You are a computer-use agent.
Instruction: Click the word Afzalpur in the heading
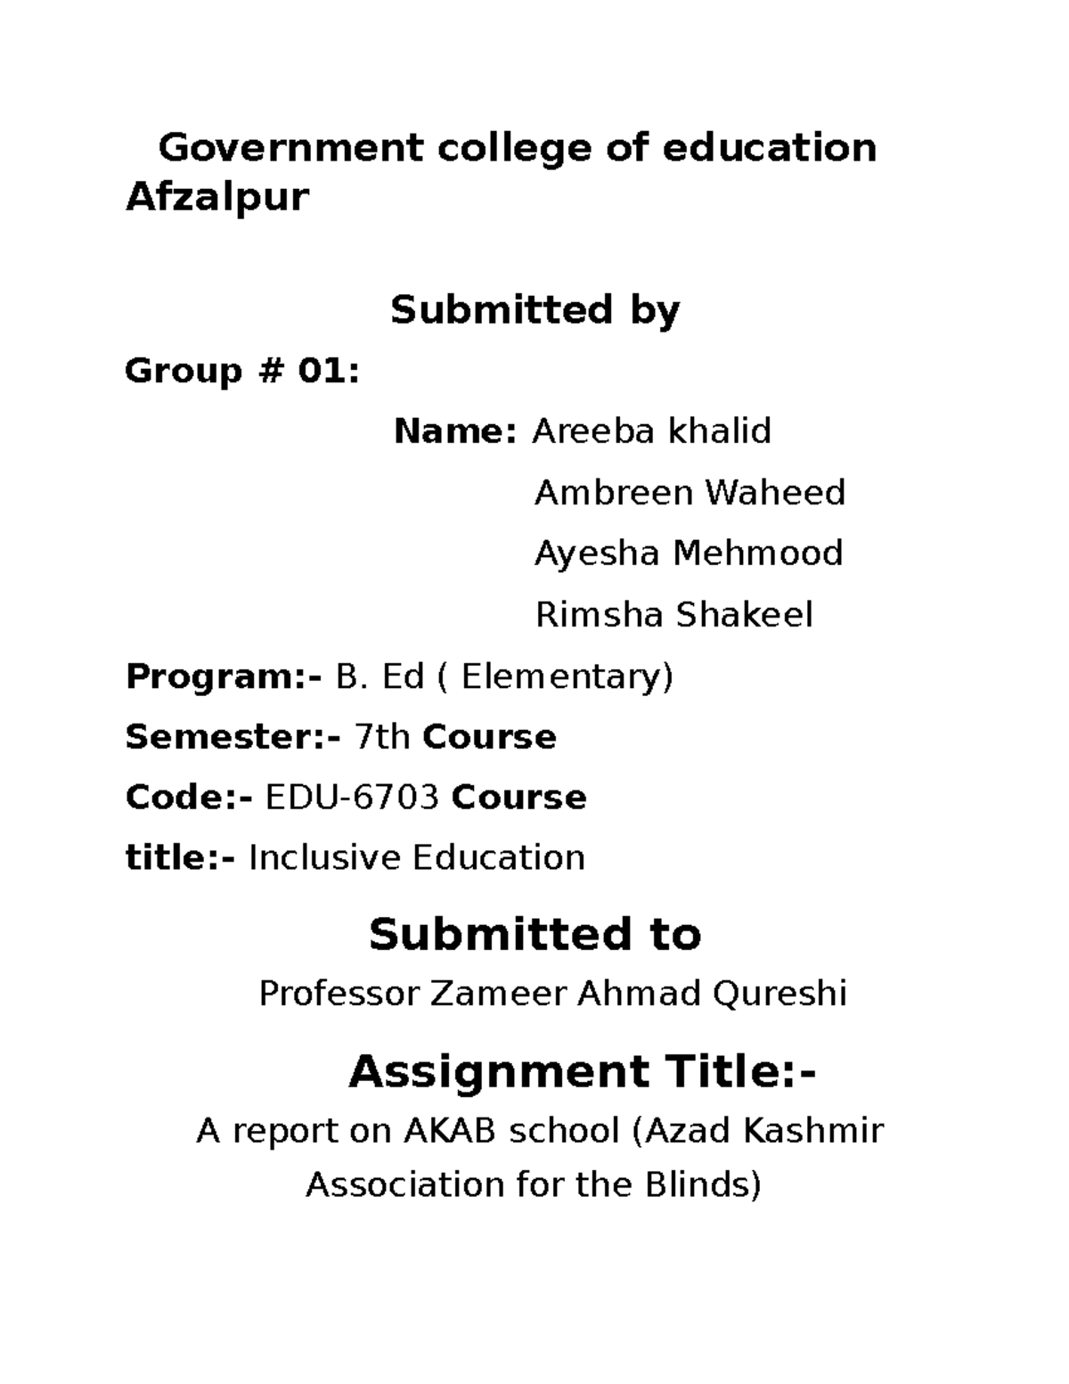pos(216,197)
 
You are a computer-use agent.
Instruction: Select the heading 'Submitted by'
pos(534,310)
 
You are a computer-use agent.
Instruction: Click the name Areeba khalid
pos(651,431)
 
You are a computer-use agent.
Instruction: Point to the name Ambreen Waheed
pos(690,493)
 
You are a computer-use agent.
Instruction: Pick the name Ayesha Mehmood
pos(688,553)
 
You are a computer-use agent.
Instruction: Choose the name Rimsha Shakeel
pos(673,615)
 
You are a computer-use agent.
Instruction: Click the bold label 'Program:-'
pos(224,677)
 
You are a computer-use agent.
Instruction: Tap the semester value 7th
pos(382,738)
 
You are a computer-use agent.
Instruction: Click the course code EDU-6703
pos(353,798)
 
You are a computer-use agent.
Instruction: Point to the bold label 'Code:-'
pos(189,798)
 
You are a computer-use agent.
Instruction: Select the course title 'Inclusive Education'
pos(416,858)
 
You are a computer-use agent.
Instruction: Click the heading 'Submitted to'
pos(534,935)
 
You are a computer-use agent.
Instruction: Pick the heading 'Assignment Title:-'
pos(582,1071)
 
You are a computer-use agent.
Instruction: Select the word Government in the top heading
pos(290,148)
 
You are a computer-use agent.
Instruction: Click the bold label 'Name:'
pos(454,431)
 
